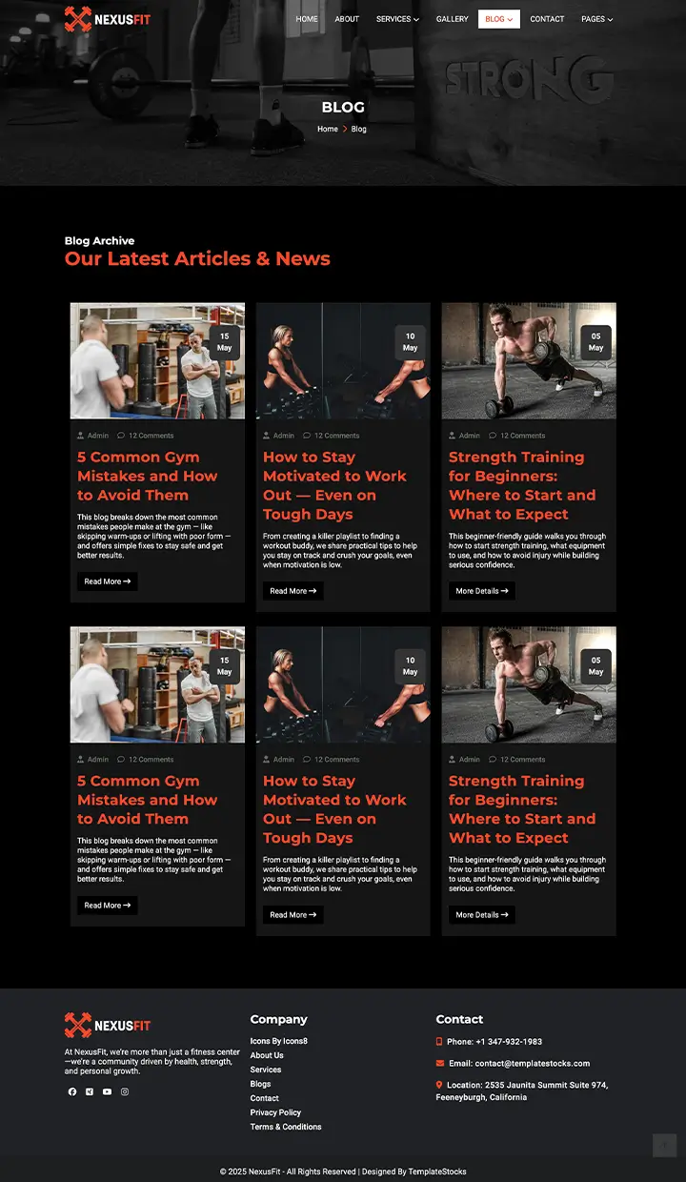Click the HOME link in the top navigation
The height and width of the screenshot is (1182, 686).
[x=307, y=19]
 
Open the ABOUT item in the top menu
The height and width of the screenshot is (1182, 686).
[x=347, y=19]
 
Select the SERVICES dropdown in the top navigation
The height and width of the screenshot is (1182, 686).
[x=397, y=19]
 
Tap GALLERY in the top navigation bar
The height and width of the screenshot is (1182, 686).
[x=452, y=19]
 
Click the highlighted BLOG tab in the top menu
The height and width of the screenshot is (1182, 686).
[x=498, y=19]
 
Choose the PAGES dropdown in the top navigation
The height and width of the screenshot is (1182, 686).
[x=596, y=19]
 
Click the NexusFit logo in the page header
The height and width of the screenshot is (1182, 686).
[x=107, y=19]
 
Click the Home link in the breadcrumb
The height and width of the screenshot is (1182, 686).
[x=328, y=129]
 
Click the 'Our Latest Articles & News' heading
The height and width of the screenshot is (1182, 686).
[x=197, y=258]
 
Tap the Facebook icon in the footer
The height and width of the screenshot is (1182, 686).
[x=72, y=1091]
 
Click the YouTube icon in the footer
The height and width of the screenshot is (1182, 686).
[x=107, y=1091]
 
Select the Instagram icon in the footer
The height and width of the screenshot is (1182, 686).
[x=124, y=1091]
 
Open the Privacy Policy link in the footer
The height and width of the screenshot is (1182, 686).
[x=275, y=1112]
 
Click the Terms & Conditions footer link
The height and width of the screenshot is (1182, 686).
[x=286, y=1127]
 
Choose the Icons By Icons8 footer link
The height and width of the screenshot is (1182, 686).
[x=278, y=1041]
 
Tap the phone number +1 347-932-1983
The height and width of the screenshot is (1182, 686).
[x=508, y=1042]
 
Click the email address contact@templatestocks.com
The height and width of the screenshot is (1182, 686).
[x=533, y=1063]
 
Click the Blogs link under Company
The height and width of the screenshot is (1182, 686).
[x=260, y=1084]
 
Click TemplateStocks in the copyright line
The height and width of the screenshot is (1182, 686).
[x=437, y=1172]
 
